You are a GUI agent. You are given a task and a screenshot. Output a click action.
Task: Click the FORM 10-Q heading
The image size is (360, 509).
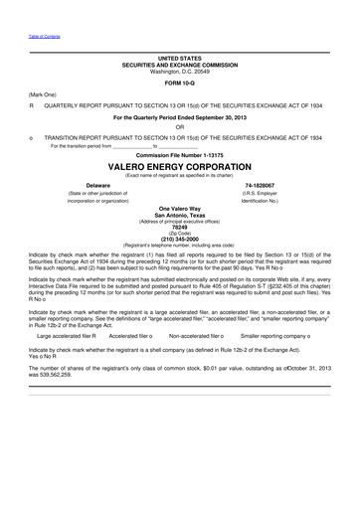pyautogui.click(x=179, y=82)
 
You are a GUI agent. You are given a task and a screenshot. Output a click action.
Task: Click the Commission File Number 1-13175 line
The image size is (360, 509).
pyautogui.click(x=179, y=156)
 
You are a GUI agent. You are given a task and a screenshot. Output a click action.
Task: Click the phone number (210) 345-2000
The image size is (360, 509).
pyautogui.click(x=179, y=238)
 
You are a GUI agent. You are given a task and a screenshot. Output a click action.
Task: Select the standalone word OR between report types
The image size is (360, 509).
pyautogui.click(x=179, y=125)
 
